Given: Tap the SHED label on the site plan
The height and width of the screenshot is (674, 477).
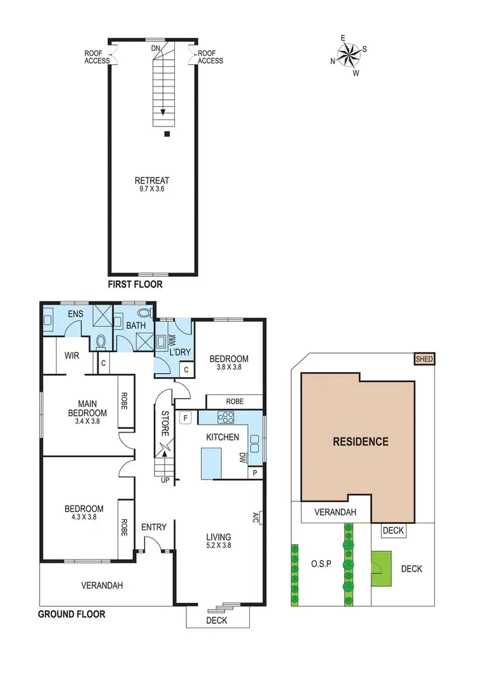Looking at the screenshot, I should [424, 359].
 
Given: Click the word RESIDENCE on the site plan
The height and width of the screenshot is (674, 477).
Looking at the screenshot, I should [361, 441].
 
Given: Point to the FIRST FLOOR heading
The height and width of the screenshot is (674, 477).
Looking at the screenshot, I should [135, 284].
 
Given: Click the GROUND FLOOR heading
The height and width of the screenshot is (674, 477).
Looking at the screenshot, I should [72, 614].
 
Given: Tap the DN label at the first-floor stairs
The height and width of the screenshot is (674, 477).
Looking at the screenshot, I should [155, 48].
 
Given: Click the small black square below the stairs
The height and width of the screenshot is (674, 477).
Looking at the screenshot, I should [167, 134].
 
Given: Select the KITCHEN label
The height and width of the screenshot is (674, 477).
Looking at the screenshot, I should [222, 437].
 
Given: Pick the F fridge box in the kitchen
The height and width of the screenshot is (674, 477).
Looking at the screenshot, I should [186, 418].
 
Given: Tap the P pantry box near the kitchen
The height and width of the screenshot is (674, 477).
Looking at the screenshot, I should [255, 472].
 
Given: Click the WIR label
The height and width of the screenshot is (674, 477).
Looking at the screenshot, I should [72, 355].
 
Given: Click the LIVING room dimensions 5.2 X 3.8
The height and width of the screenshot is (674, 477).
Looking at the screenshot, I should [218, 546].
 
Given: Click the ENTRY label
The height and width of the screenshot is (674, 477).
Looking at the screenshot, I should [153, 526].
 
